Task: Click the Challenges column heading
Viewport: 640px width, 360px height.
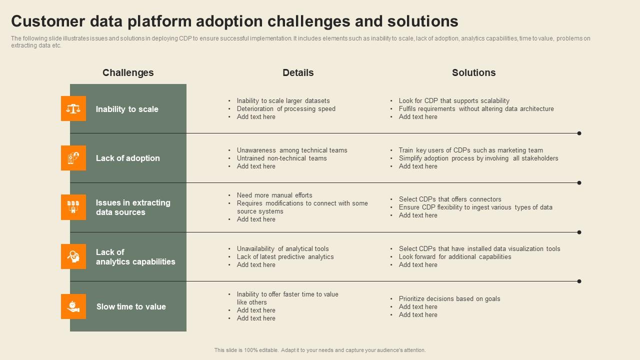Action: click(x=128, y=72)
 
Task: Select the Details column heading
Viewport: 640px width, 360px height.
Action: click(x=298, y=72)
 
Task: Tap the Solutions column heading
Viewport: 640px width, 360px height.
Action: click(x=473, y=72)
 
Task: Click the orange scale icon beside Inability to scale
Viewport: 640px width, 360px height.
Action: click(x=73, y=108)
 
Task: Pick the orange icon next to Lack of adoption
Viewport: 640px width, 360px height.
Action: click(x=73, y=158)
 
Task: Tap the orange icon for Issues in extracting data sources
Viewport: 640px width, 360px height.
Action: click(x=73, y=207)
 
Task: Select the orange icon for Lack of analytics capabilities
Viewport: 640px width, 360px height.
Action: click(x=73, y=256)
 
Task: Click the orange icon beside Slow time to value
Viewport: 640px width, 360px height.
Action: click(x=73, y=306)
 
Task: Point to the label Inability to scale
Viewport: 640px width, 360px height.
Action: click(x=127, y=109)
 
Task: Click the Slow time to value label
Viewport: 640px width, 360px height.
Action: click(x=131, y=306)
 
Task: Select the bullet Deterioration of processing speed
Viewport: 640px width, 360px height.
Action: click(x=286, y=109)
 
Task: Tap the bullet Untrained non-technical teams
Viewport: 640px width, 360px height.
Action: click(x=281, y=158)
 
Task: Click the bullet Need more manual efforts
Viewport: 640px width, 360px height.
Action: click(x=274, y=195)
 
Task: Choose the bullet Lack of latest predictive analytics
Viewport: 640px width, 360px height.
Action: click(x=285, y=257)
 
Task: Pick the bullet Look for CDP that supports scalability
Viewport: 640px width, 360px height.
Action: click(x=454, y=101)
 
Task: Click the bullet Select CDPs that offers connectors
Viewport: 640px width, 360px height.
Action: click(x=450, y=199)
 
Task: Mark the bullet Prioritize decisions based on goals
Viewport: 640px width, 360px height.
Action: click(x=449, y=299)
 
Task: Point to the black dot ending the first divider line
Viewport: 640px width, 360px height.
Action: click(x=579, y=133)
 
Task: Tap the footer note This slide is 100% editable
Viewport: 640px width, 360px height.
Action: click(x=320, y=350)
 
